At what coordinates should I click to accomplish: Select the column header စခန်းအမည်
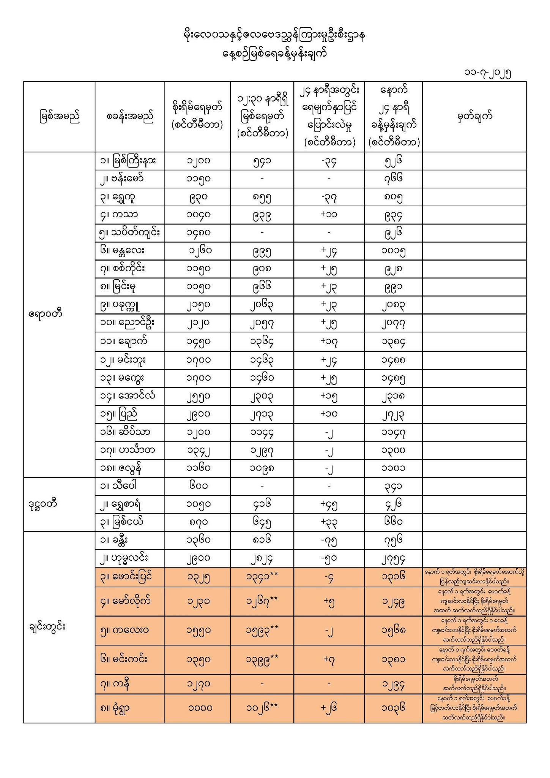(130, 117)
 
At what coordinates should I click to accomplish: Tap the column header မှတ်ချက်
(474, 116)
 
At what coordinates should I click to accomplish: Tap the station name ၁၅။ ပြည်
(118, 414)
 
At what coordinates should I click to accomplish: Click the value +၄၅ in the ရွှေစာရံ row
(329, 504)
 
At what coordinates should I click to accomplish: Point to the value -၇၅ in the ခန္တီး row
(329, 540)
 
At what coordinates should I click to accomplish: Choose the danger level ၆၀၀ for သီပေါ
(198, 486)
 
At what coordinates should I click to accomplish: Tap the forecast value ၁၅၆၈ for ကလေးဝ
(394, 630)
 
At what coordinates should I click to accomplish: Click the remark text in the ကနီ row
(474, 684)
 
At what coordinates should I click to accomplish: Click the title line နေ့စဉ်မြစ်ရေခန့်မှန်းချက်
(275, 54)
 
